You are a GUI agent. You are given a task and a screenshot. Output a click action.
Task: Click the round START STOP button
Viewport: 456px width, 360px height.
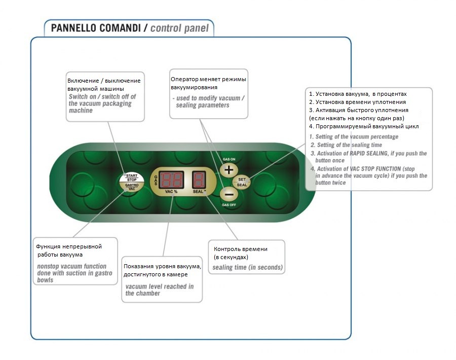click(x=132, y=177)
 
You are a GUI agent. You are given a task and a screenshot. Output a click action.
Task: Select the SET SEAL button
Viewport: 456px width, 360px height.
click(x=242, y=182)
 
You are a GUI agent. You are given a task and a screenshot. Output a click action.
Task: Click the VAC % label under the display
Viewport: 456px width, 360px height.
click(x=172, y=193)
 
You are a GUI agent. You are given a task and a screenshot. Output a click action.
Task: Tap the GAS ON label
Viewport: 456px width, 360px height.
click(x=229, y=159)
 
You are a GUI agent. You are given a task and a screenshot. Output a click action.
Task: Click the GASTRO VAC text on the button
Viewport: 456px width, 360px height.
click(x=132, y=187)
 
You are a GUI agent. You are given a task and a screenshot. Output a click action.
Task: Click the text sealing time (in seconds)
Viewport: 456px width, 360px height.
click(x=247, y=267)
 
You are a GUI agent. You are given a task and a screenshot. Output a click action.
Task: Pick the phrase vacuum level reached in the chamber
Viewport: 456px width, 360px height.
click(x=159, y=290)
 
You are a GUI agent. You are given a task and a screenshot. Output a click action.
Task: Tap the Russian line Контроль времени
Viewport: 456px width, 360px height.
click(x=241, y=249)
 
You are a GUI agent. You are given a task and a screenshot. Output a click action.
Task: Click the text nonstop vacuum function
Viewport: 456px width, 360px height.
click(x=71, y=266)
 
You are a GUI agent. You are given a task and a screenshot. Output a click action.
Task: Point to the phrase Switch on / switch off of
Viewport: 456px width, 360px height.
click(x=102, y=96)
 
